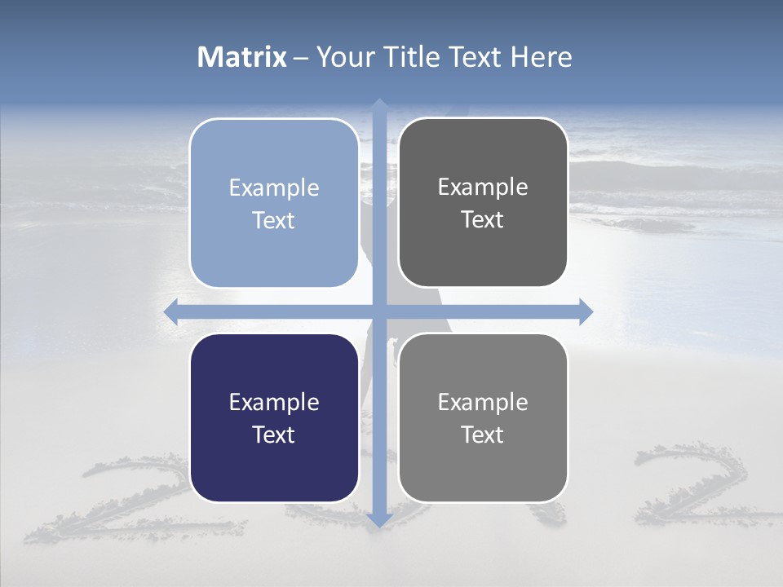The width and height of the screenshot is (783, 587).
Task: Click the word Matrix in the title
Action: click(x=242, y=57)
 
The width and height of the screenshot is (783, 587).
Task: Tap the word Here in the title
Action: click(x=541, y=57)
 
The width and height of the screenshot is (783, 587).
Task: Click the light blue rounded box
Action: click(x=274, y=203)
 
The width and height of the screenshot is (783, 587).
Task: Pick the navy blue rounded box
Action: click(x=274, y=417)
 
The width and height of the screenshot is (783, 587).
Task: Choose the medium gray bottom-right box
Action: click(x=483, y=417)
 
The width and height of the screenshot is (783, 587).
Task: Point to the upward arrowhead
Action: click(x=378, y=104)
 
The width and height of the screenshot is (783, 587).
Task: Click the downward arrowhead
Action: click(x=378, y=519)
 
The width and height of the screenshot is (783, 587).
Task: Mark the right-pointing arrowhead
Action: click(x=585, y=311)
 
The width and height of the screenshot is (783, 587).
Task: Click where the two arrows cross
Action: click(x=378, y=311)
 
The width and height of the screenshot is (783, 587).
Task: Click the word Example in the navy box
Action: click(x=274, y=402)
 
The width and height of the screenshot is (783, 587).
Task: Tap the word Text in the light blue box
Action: click(x=274, y=220)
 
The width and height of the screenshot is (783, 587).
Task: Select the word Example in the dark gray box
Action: click(x=483, y=187)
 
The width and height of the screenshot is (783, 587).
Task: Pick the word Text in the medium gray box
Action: click(x=483, y=435)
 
